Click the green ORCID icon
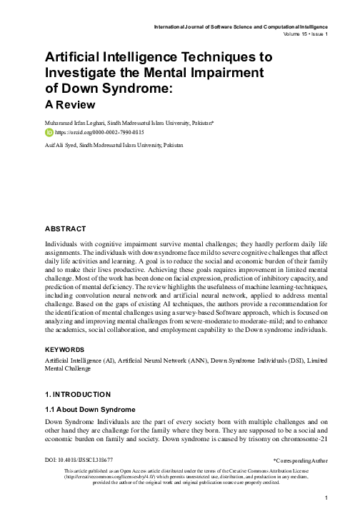pyautogui.click(x=49, y=132)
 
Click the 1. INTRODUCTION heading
pyautogui.click(x=79, y=394)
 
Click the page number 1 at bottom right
pyautogui.click(x=324, y=498)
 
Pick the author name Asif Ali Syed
pyautogui.click(x=61, y=145)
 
